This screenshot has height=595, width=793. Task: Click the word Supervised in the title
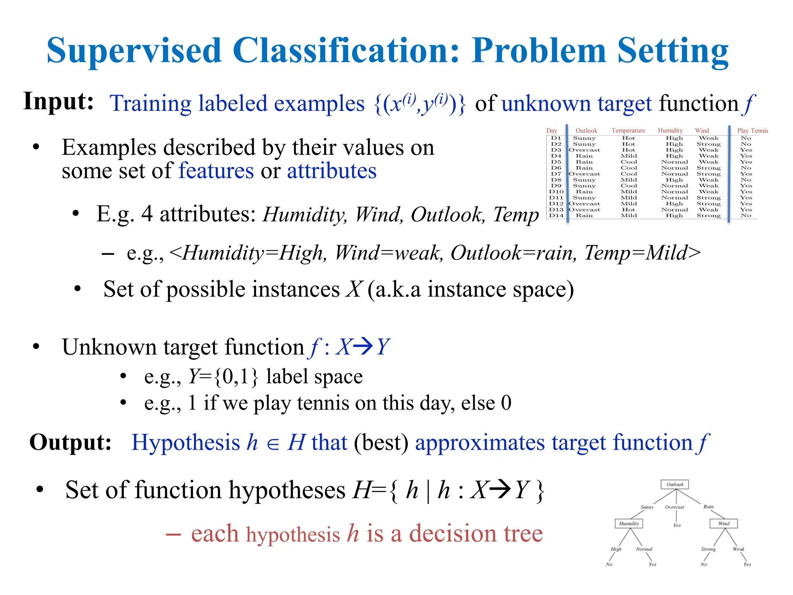click(134, 50)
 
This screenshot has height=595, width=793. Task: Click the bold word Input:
click(58, 101)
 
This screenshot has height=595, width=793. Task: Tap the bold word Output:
click(70, 442)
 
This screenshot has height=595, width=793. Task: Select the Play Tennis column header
click(752, 131)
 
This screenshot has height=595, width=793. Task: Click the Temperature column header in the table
click(628, 131)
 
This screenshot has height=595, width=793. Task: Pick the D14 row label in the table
click(556, 215)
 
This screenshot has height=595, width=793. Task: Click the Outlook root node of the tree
click(675, 484)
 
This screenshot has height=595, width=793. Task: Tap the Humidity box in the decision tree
click(629, 523)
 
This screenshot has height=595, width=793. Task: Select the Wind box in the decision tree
click(723, 523)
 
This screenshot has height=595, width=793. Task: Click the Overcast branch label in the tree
click(675, 507)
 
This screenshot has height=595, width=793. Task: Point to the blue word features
click(216, 170)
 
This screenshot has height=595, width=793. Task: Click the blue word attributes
click(331, 170)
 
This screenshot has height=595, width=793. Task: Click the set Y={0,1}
click(223, 377)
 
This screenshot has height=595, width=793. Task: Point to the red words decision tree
click(476, 533)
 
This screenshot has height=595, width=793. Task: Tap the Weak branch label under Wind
click(738, 549)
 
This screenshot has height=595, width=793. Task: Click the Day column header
click(551, 131)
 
